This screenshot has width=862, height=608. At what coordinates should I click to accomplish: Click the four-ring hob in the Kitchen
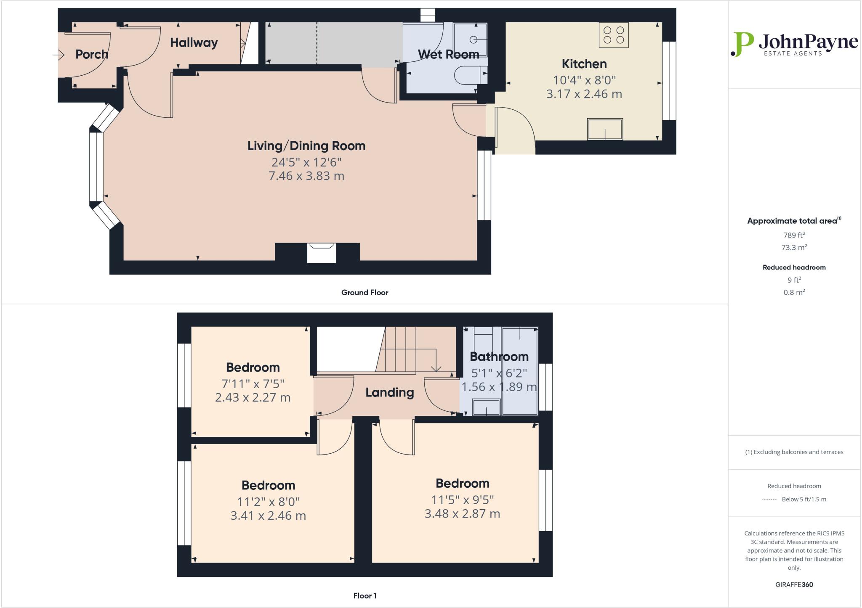point(614,35)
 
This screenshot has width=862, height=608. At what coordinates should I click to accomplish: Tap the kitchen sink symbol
point(605,129)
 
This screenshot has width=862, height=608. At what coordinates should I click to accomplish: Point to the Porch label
point(92,54)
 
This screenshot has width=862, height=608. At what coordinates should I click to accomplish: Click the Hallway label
point(194,42)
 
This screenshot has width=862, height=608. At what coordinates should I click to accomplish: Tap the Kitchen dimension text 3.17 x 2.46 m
point(584,94)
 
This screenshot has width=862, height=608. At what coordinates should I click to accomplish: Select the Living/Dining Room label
point(306,146)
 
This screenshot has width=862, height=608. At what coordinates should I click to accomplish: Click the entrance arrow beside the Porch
point(59,55)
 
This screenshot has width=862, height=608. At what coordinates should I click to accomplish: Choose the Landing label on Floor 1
point(389,393)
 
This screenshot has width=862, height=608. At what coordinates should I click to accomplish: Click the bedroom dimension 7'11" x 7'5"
point(253,383)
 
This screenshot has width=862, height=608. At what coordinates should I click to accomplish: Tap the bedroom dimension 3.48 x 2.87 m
point(462,513)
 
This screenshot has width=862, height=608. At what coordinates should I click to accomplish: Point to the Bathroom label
point(499,357)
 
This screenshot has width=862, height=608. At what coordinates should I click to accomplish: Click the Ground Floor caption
point(364,293)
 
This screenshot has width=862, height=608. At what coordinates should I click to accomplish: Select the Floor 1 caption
point(364,596)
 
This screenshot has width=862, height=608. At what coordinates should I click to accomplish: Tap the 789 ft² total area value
point(794,235)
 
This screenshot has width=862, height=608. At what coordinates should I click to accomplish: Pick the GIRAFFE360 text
point(794,584)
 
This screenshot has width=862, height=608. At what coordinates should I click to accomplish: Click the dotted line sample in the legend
point(769,500)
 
